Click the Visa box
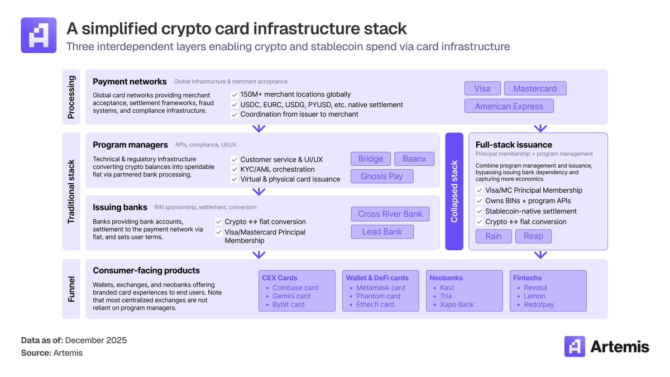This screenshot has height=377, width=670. [x=482, y=88]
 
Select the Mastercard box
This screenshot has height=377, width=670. [x=535, y=88]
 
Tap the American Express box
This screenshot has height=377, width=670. [x=509, y=106]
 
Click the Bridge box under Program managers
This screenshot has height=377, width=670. [x=371, y=159]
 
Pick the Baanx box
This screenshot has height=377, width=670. [x=414, y=159]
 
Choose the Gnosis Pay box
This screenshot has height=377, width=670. [x=382, y=176]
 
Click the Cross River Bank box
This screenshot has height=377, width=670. [x=390, y=214]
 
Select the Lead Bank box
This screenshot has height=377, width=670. [x=382, y=232]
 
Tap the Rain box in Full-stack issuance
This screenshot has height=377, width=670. [x=493, y=236]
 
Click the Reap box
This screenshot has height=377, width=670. [x=533, y=236]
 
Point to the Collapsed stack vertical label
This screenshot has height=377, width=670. [x=454, y=192]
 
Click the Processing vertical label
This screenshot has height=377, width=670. [x=71, y=97]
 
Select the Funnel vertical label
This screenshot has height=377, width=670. [x=71, y=289]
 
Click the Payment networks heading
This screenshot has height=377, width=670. [x=130, y=82]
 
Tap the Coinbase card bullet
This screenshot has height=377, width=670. [x=295, y=288]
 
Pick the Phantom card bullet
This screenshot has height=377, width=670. [x=378, y=296]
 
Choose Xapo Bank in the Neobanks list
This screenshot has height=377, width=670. [x=457, y=304]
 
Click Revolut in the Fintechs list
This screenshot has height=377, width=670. [x=535, y=288]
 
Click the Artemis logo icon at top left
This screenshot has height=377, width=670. [x=39, y=35]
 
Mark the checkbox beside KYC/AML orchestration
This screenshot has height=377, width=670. [x=234, y=169]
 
